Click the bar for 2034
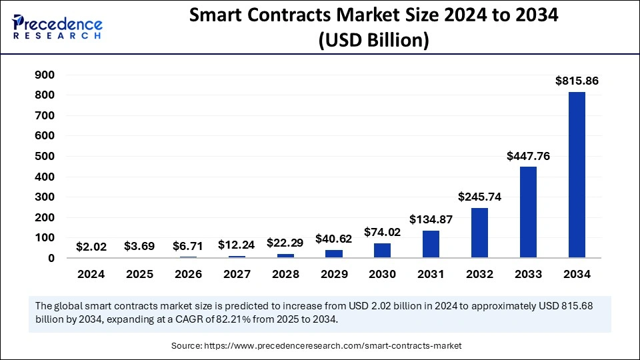577,175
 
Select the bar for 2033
528,212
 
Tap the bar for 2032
480,233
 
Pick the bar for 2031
431,244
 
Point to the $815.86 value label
577,81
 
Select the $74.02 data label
383,232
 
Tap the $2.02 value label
91,247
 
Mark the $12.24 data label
237,245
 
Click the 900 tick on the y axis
45,75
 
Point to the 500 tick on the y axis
45,157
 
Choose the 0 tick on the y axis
50,258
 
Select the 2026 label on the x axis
188,274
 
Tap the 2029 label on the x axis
334,274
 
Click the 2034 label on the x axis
577,274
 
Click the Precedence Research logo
57,25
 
